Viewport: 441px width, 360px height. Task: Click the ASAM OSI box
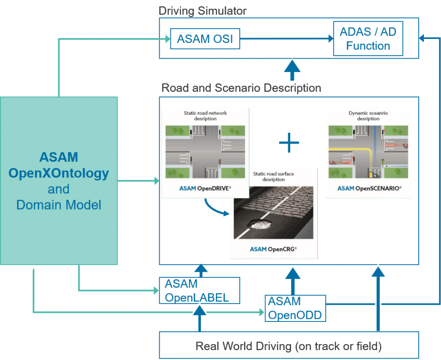[205, 39]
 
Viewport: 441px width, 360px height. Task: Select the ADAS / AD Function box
[368, 39]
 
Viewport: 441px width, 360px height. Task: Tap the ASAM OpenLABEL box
[199, 291]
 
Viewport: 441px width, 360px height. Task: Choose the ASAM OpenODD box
[295, 308]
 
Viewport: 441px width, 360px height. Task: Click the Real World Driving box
[289, 345]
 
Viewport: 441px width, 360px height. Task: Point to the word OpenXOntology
[59, 173]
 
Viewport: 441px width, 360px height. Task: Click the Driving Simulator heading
[203, 11]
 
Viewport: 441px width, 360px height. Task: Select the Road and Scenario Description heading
[241, 88]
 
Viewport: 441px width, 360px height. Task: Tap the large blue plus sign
[289, 143]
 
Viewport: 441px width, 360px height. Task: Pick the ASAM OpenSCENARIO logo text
[369, 188]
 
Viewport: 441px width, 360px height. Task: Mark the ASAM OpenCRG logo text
[273, 249]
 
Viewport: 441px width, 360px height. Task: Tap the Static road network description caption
[205, 116]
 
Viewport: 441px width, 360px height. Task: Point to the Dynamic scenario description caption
[368, 116]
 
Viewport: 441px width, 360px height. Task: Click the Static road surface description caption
[274, 176]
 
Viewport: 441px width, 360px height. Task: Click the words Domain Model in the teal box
[59, 205]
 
